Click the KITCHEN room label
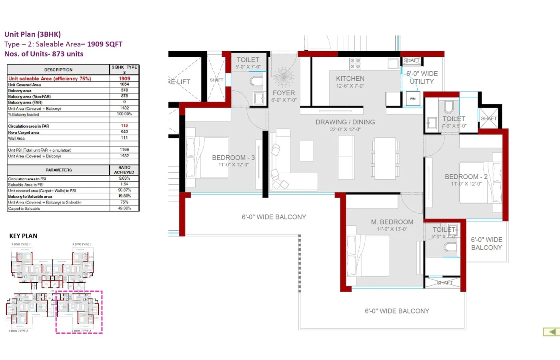point(350,79)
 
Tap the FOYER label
point(284,93)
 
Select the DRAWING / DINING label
point(345,122)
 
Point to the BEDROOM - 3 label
point(233,158)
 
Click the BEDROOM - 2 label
point(466,176)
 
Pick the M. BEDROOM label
point(392,222)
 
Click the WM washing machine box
point(413,98)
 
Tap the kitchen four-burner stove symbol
point(355,64)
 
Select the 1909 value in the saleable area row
point(124,79)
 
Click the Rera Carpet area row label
point(24,132)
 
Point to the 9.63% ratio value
point(124,178)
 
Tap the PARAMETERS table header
point(59,170)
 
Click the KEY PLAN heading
point(23,236)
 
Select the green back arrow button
point(551,332)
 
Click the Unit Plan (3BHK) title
point(32,34)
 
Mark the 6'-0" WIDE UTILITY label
point(422,78)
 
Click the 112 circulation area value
point(124,126)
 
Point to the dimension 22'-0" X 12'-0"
point(345,130)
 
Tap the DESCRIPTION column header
point(58,70)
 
